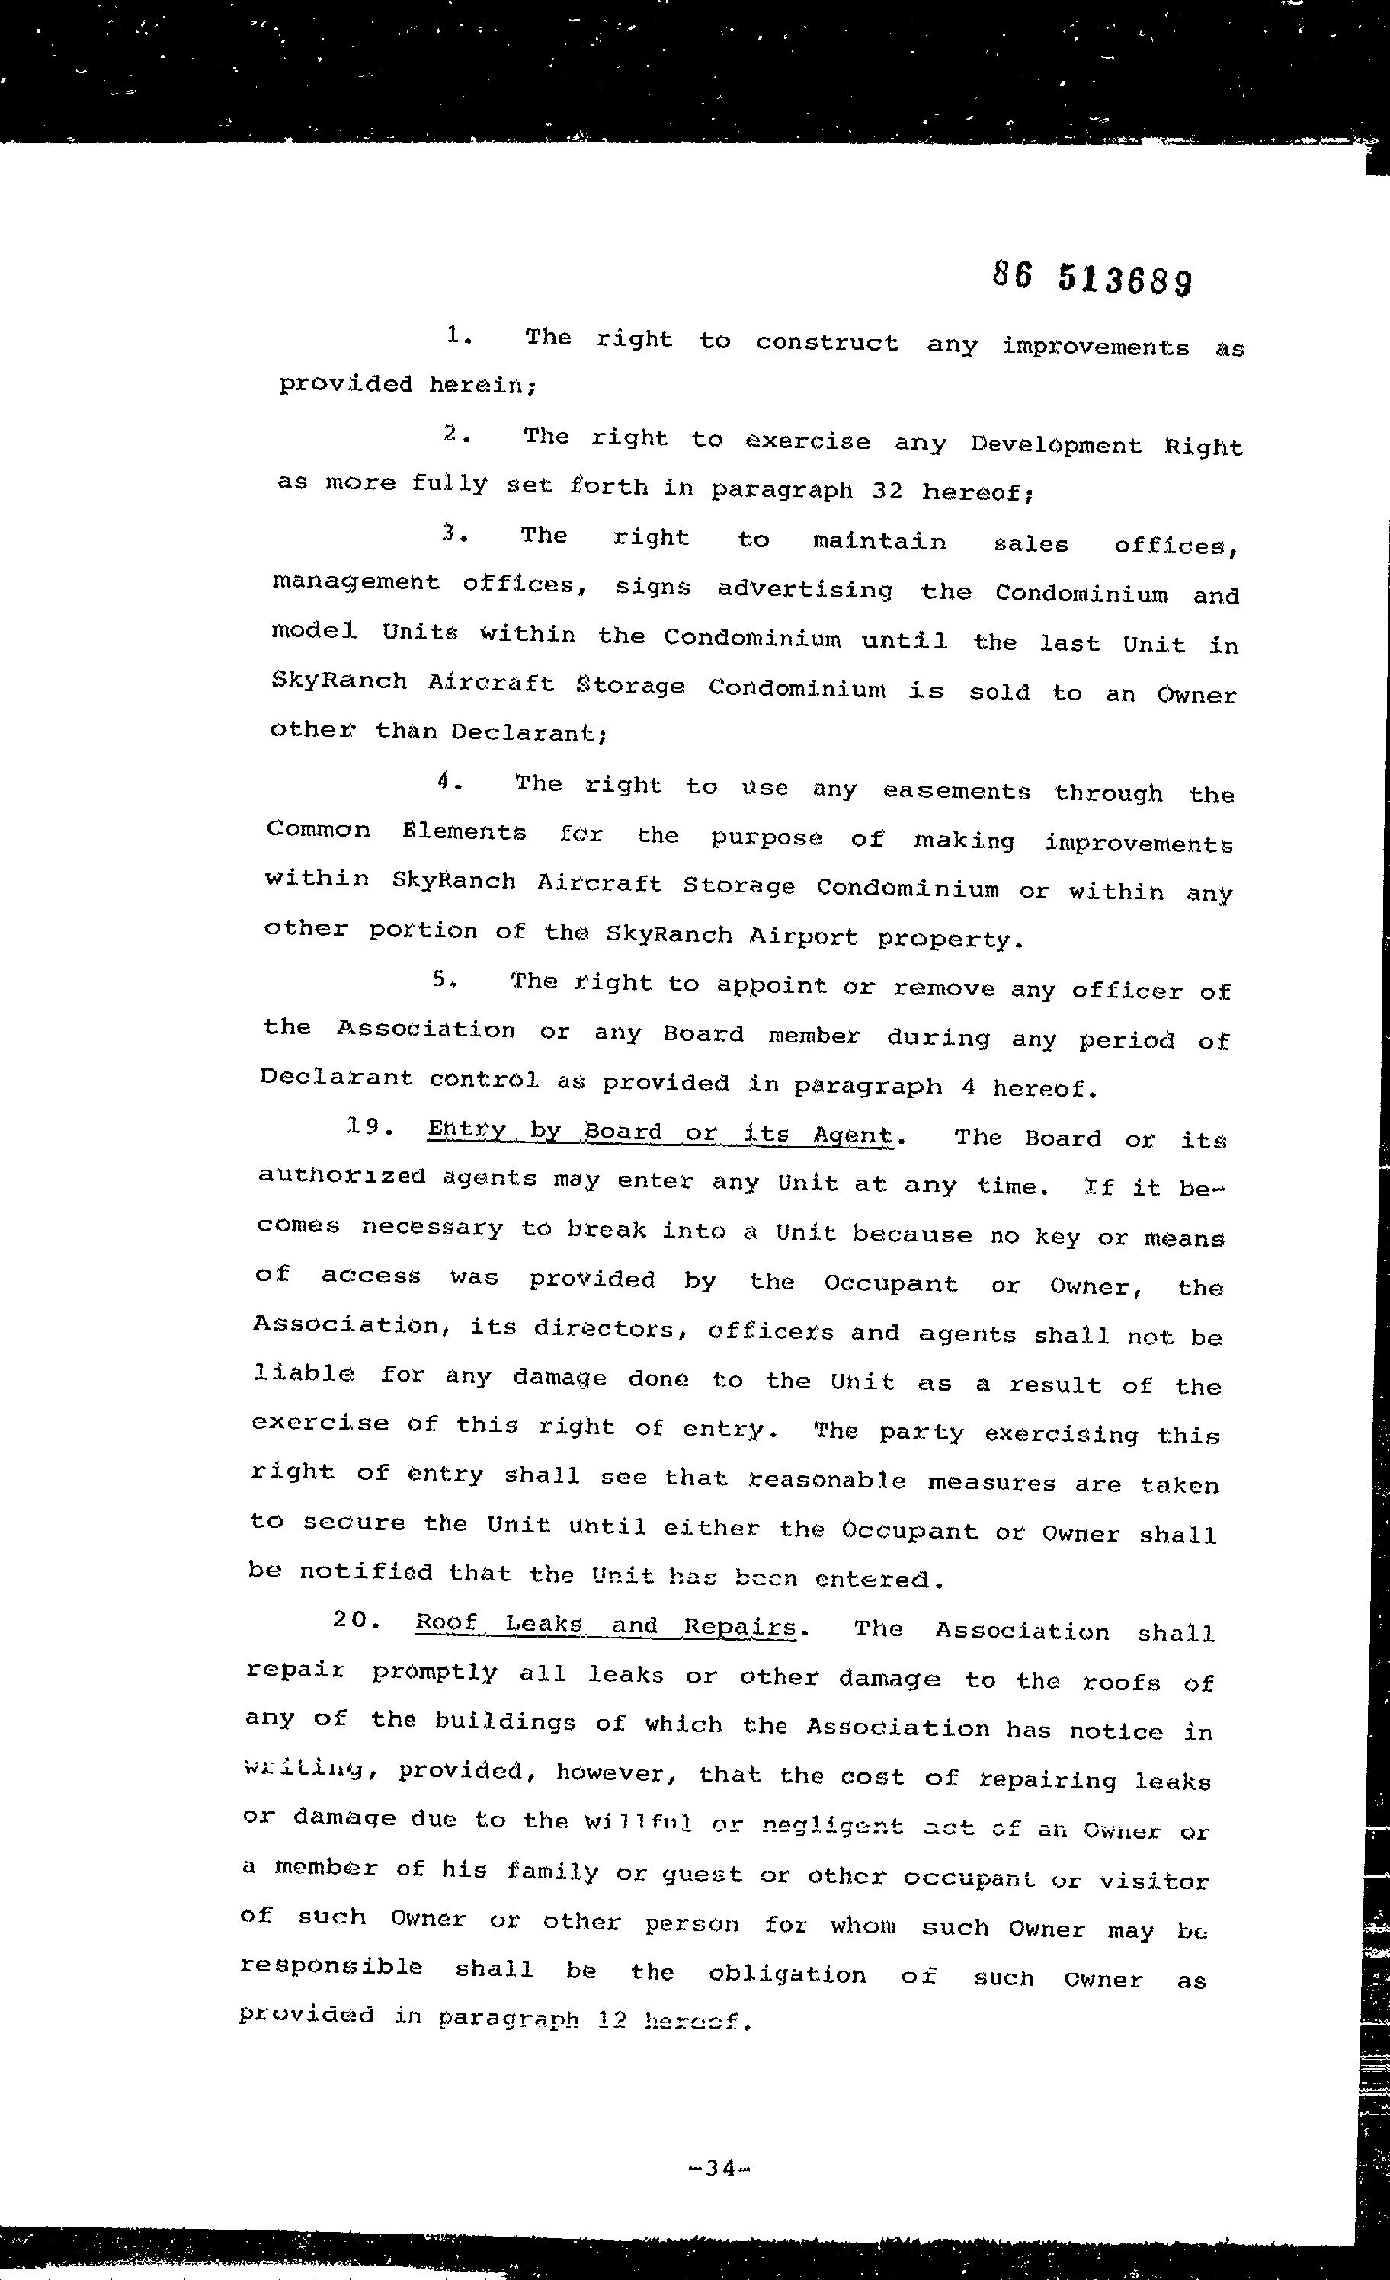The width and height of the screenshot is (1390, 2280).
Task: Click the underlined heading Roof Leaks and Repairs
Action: coord(605,1626)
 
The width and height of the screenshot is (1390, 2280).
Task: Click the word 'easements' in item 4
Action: coord(956,791)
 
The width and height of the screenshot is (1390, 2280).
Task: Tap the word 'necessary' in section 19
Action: coord(432,1227)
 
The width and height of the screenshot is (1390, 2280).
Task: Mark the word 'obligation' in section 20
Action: coord(786,1974)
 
